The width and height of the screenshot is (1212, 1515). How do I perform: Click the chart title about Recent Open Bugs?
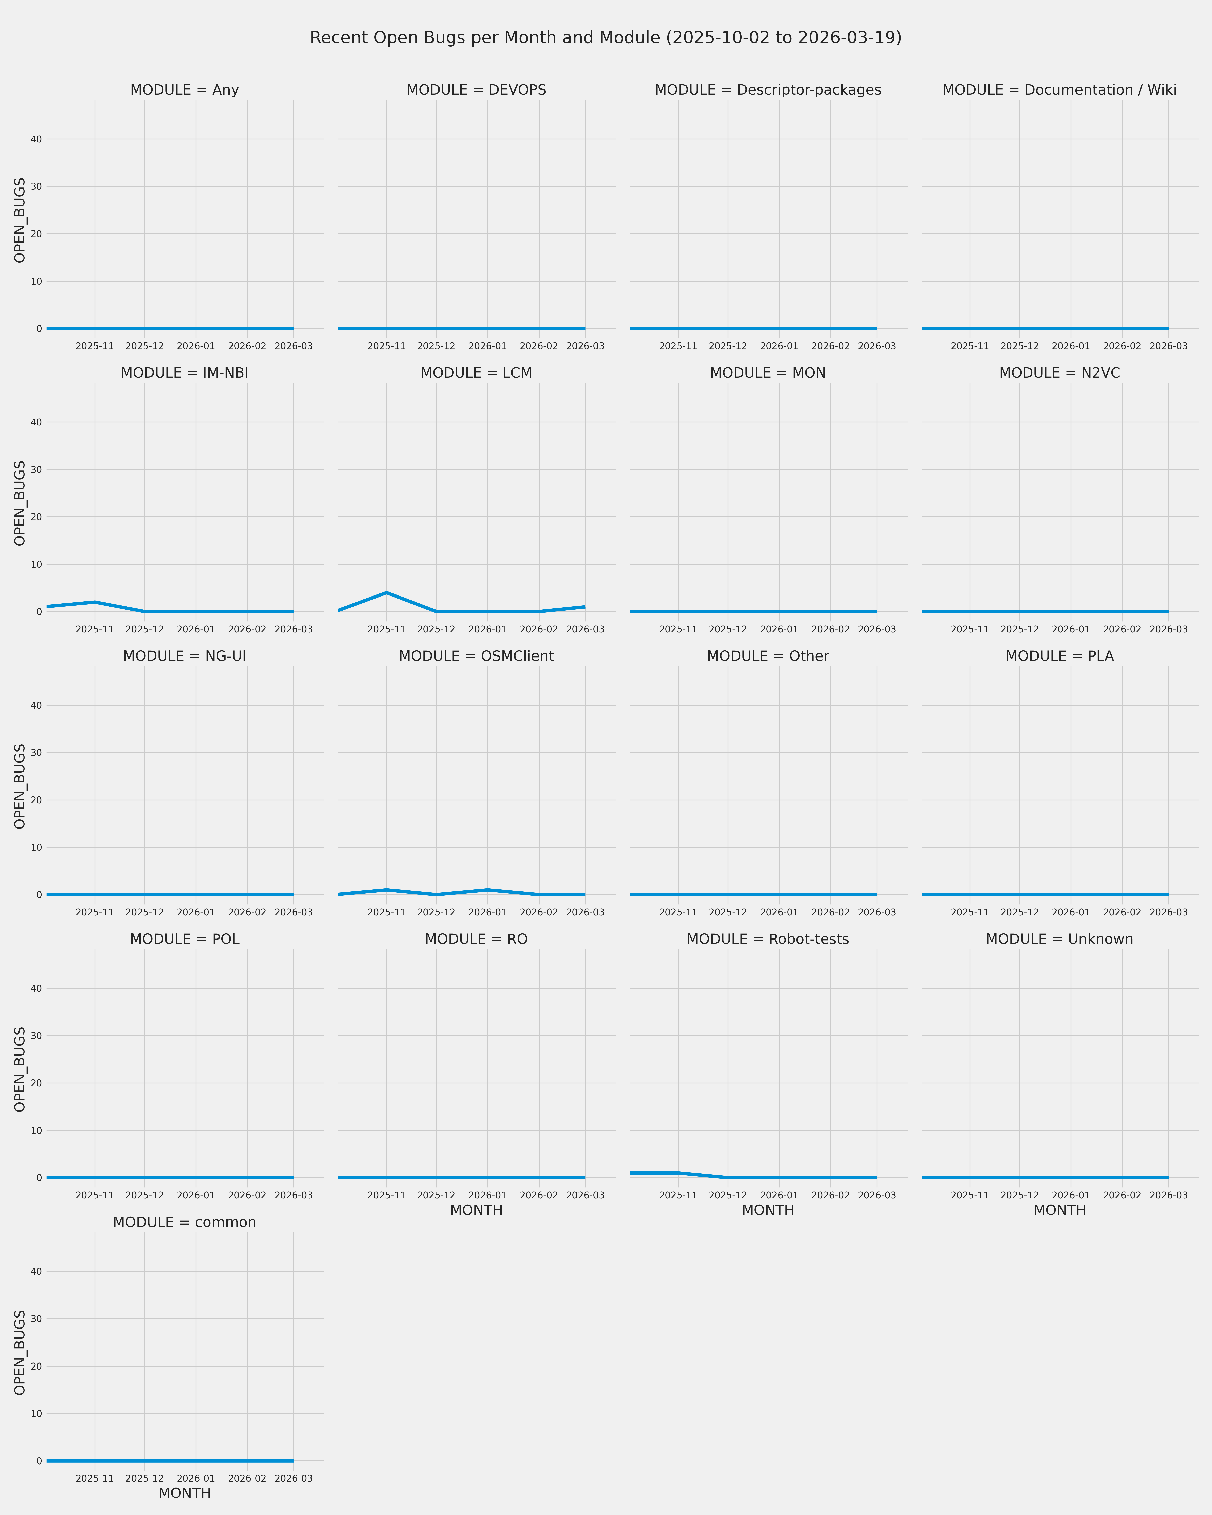[x=606, y=38]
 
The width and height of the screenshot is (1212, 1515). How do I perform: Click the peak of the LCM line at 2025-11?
[x=386, y=592]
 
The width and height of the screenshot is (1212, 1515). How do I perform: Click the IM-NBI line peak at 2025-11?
[x=95, y=602]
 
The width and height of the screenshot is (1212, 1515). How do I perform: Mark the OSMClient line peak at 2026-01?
[x=488, y=890]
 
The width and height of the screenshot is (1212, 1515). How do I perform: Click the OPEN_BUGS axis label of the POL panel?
[x=20, y=1070]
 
